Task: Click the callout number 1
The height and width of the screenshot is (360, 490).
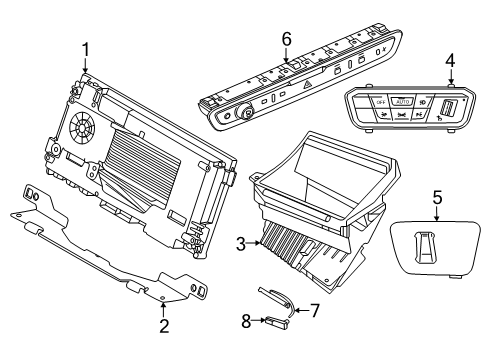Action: [x=86, y=50]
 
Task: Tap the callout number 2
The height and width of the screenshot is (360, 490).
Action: [x=164, y=326]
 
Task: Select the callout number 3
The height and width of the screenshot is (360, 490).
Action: [x=241, y=244]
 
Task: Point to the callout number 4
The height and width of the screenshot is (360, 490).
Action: [x=450, y=61]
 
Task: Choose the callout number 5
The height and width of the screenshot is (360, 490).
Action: [x=437, y=197]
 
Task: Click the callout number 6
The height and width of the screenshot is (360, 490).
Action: [x=286, y=39]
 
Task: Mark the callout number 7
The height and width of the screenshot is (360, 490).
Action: [x=315, y=310]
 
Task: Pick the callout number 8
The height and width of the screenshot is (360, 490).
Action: [x=246, y=321]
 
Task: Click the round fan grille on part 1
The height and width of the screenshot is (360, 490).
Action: [x=82, y=127]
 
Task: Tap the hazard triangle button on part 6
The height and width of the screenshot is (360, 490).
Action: [x=307, y=85]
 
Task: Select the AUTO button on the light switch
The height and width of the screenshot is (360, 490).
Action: [x=403, y=101]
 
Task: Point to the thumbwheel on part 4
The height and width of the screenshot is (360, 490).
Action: [x=446, y=108]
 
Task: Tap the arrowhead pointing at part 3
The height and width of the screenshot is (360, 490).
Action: [x=258, y=243]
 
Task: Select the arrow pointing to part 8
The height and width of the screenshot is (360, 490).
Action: [x=259, y=321]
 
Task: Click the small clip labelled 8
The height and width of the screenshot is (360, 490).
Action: [x=276, y=322]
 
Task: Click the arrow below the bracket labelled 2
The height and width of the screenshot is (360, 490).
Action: [x=163, y=309]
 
